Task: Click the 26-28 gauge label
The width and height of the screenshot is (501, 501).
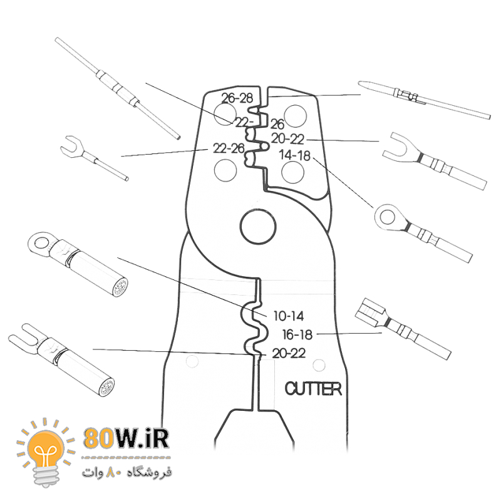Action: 237,98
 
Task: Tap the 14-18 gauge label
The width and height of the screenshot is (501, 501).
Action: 294,155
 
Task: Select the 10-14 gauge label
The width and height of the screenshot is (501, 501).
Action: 289,316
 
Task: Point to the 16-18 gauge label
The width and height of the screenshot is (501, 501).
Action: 297,335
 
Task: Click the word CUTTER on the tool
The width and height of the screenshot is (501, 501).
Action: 313,389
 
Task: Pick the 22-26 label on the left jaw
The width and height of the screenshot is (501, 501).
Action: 229,148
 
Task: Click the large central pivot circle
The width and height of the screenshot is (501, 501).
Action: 258,227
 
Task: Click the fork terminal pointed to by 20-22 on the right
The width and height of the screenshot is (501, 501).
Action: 435,162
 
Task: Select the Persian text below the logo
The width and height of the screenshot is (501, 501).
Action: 127,472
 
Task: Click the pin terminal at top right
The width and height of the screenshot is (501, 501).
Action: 425,100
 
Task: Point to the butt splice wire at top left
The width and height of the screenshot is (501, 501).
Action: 118,88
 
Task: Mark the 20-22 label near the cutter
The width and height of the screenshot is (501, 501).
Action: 289,353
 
